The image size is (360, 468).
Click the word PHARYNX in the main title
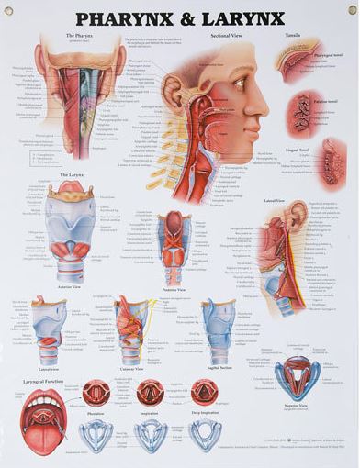click(x=129, y=18)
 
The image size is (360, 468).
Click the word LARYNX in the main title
click(x=241, y=18)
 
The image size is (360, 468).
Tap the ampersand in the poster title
click(x=188, y=18)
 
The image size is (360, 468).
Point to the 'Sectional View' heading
click(x=226, y=35)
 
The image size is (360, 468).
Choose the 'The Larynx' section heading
click(x=71, y=174)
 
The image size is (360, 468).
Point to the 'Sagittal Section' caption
click(x=219, y=369)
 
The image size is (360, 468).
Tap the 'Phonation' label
click(x=96, y=414)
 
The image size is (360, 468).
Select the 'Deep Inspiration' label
click(x=203, y=414)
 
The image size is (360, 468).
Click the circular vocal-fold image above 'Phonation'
click(x=96, y=393)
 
